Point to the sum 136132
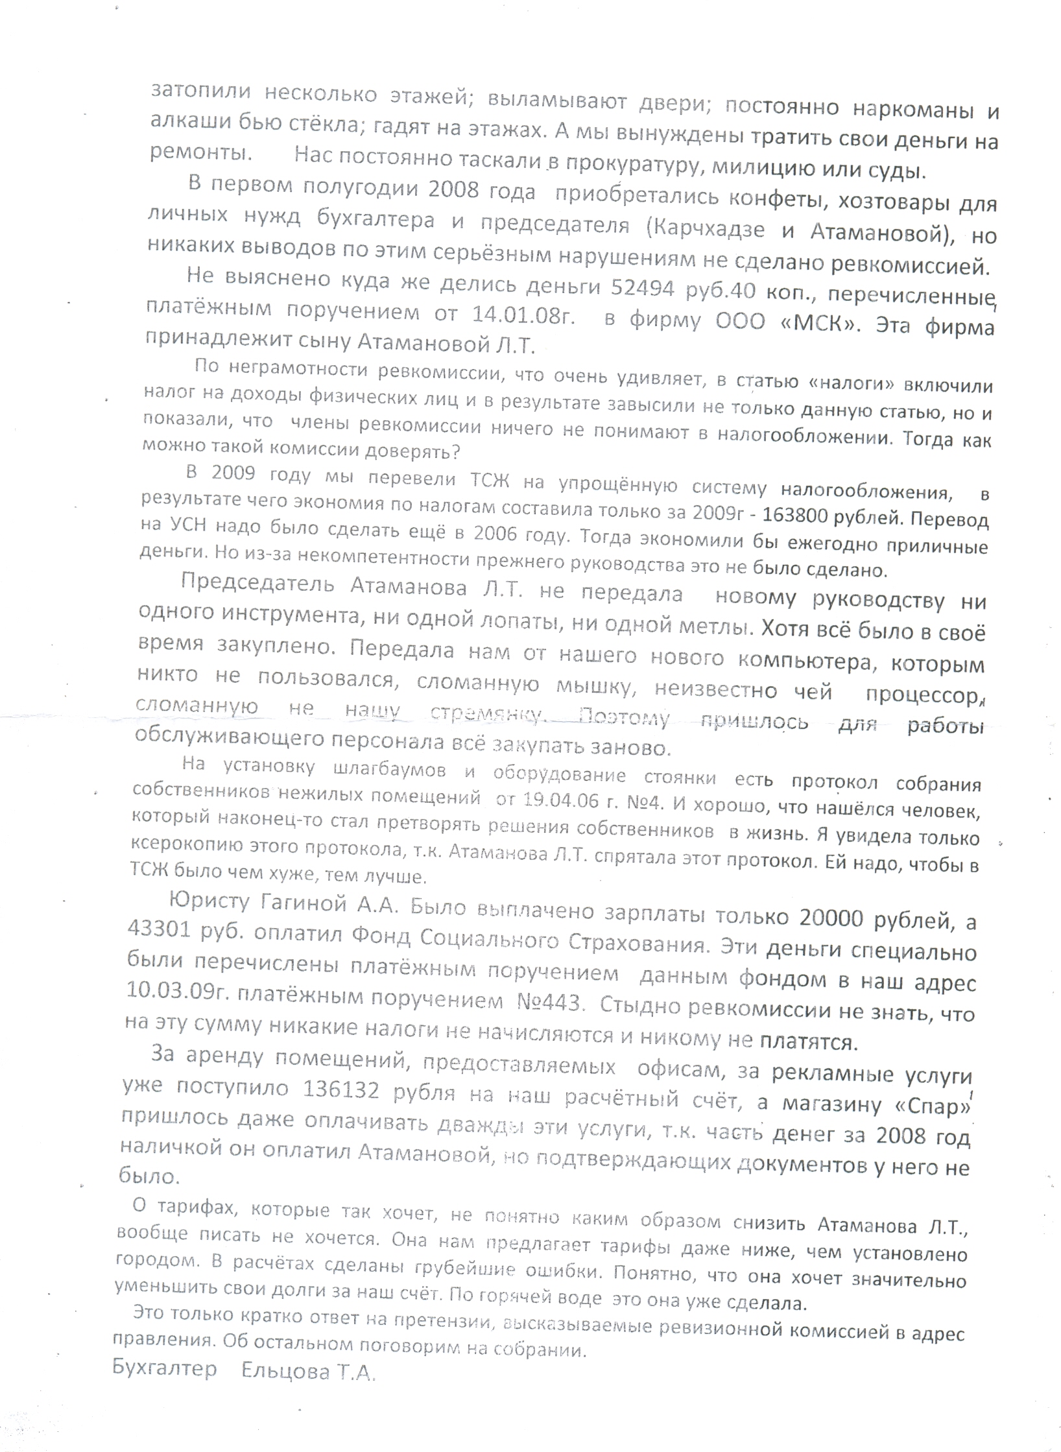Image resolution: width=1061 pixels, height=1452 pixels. coord(342,1089)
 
